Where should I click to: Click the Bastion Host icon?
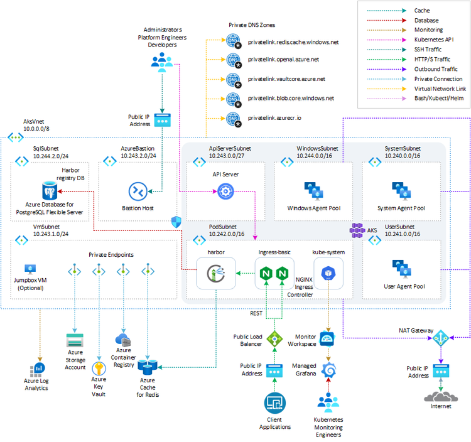tap(138, 191)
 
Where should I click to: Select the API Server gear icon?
tap(225, 192)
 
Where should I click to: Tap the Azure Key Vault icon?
tap(99, 368)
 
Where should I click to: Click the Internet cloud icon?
tap(441, 397)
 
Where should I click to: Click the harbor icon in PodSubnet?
tap(211, 274)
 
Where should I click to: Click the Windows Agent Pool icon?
tap(313, 190)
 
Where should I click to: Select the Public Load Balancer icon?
tap(274, 339)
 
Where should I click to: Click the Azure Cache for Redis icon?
tap(150, 365)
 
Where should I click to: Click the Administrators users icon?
tap(163, 60)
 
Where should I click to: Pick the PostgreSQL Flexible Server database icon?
tap(49, 190)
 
